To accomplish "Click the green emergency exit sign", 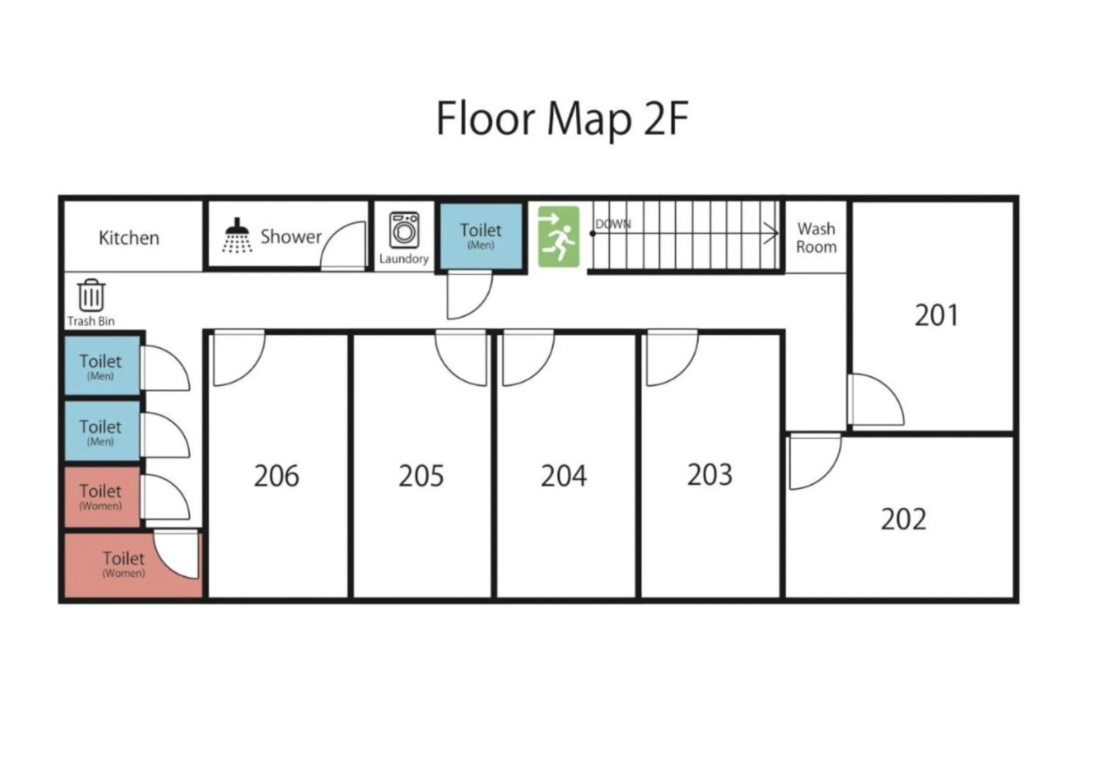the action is click(558, 237).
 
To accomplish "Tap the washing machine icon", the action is click(404, 230).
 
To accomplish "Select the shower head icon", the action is click(237, 235).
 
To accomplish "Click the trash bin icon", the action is click(91, 295).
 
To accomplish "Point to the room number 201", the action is click(936, 315).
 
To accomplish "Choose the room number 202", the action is click(903, 519).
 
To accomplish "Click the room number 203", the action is click(709, 475).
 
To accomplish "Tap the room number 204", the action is click(563, 476).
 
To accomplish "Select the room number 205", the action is click(421, 476).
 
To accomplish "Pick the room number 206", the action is click(277, 476).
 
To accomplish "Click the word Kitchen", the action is click(129, 238).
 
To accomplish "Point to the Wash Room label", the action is click(816, 238).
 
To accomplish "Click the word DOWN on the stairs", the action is click(613, 224).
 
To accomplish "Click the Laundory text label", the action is click(404, 259).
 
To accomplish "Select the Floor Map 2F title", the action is click(562, 119).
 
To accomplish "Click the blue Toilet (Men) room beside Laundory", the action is click(481, 236).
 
